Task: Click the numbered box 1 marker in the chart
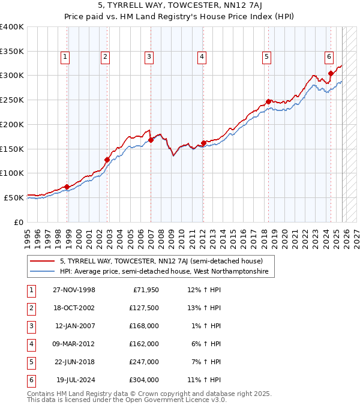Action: (x=65, y=57)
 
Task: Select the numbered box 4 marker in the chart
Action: (x=202, y=57)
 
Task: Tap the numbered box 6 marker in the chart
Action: (x=329, y=57)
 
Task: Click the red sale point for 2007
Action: (x=151, y=140)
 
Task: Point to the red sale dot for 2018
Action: (x=268, y=101)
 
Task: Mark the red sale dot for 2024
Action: (x=331, y=73)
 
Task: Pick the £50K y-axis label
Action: (x=14, y=197)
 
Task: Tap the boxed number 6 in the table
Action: (x=30, y=380)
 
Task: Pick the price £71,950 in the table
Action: (x=145, y=290)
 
